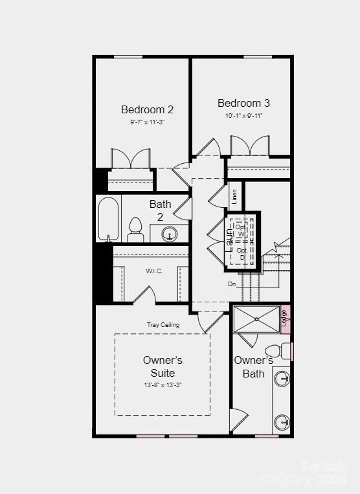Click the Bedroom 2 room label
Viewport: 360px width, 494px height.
click(147, 109)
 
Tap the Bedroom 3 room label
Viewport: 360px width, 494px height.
click(243, 103)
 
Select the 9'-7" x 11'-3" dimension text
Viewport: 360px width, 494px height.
click(147, 122)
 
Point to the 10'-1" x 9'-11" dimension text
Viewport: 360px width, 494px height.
click(243, 115)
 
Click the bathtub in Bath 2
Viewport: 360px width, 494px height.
click(109, 219)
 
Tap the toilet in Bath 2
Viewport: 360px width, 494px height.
click(135, 230)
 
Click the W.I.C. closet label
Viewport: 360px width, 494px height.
click(154, 271)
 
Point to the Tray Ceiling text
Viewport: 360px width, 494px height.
click(163, 324)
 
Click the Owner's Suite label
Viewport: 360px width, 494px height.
click(163, 366)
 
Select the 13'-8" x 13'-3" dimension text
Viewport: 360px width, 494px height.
click(163, 385)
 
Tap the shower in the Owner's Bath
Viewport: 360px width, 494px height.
click(256, 319)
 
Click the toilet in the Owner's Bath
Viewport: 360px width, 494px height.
click(275, 352)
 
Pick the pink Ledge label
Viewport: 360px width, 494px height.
click(285, 317)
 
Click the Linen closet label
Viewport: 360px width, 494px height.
click(234, 196)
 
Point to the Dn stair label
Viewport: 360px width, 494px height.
click(232, 284)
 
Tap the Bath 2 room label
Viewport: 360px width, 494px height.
click(161, 210)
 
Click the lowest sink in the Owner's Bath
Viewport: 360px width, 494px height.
click(282, 422)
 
